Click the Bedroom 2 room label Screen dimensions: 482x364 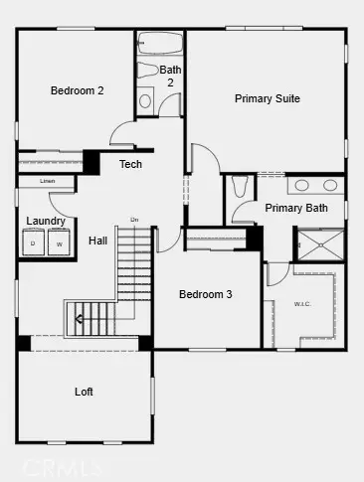[x=78, y=90]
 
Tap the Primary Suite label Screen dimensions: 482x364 [x=267, y=98]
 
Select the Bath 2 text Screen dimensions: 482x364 [x=170, y=76]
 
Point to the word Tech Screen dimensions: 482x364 [x=130, y=164]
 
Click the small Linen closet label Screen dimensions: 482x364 [x=48, y=182]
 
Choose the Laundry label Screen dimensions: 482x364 [x=46, y=221]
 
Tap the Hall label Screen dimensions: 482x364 [x=97, y=241]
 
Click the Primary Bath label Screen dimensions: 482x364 [x=295, y=208]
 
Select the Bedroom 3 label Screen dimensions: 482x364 [x=205, y=294]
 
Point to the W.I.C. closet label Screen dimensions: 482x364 [x=302, y=304]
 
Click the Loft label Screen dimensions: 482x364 [x=85, y=392]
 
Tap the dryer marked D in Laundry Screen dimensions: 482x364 [x=33, y=243]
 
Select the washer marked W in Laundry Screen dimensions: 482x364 [x=58, y=243]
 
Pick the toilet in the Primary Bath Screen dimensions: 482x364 [x=239, y=186]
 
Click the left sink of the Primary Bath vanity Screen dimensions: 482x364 [x=302, y=185]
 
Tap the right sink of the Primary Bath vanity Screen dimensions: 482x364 [x=329, y=185]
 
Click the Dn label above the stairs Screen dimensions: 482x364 [x=134, y=220]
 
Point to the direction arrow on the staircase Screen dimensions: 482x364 [x=78, y=320]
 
